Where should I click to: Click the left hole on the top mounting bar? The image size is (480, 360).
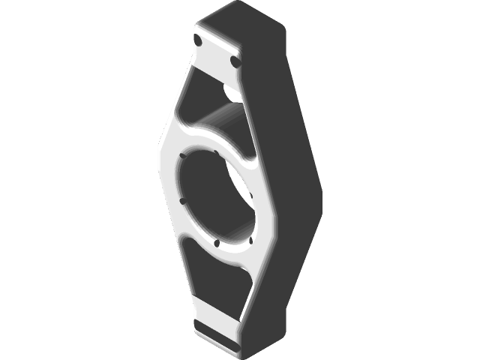click(197, 39)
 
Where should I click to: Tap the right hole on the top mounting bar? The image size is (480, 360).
click(235, 61)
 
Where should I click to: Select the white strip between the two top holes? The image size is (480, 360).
click(216, 50)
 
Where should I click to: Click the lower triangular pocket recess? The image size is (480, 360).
click(217, 281)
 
